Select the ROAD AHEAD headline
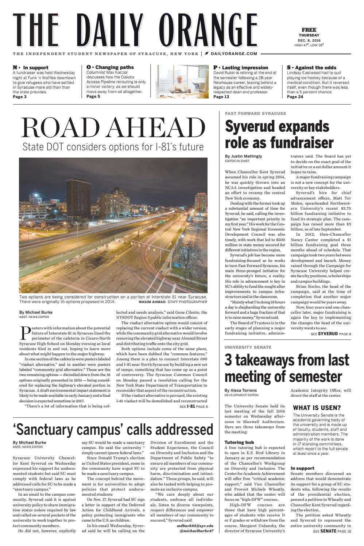click(113, 127)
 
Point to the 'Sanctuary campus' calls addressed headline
click(113, 429)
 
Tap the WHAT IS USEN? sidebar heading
click(317, 407)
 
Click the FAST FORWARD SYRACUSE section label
click(255, 113)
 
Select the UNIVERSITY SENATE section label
click(248, 347)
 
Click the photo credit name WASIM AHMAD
click(152, 302)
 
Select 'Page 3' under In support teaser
click(20, 97)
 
